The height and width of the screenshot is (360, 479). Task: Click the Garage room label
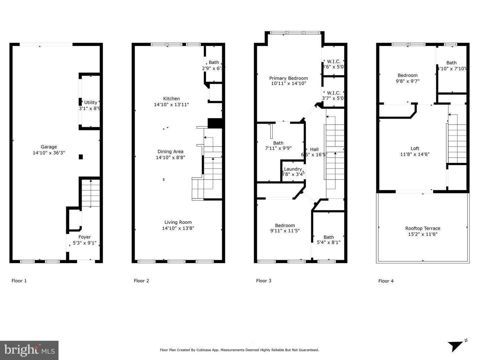click(x=49, y=147)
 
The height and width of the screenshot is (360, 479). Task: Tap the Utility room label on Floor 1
click(x=90, y=103)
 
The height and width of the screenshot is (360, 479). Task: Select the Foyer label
click(x=84, y=237)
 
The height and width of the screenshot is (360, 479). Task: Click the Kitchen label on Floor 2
click(x=171, y=99)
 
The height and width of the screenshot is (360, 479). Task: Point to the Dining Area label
click(x=170, y=152)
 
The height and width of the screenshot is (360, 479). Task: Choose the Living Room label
click(x=178, y=222)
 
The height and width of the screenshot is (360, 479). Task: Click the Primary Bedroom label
click(x=288, y=78)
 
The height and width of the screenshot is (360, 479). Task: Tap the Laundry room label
click(x=293, y=169)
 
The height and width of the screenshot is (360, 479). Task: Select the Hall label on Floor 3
click(x=314, y=150)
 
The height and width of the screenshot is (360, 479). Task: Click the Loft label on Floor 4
click(x=414, y=149)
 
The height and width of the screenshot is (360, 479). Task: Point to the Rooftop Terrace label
click(x=422, y=228)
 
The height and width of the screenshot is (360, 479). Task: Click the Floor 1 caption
click(x=19, y=281)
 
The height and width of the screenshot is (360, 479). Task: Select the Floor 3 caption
click(x=263, y=281)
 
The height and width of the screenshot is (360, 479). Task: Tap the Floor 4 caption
click(x=386, y=281)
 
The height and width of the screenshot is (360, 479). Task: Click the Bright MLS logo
click(x=29, y=350)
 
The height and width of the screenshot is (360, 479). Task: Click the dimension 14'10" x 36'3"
click(x=49, y=153)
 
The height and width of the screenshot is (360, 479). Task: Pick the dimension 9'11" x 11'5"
click(x=285, y=230)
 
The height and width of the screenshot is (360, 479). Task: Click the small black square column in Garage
click(x=80, y=157)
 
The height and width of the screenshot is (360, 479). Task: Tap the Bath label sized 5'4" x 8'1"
click(x=328, y=237)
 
